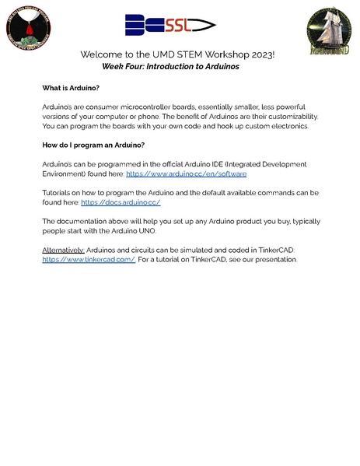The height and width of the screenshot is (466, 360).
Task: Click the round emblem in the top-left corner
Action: (27, 30)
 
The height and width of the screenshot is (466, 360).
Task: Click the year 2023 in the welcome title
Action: (262, 55)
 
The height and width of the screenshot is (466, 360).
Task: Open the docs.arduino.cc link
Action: (121, 202)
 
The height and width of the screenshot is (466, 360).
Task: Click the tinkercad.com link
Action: (89, 259)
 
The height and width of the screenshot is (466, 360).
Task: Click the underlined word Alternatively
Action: (63, 249)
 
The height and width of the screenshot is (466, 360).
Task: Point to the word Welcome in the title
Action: (103, 55)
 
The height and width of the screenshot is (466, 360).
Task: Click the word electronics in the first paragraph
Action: (286, 126)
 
